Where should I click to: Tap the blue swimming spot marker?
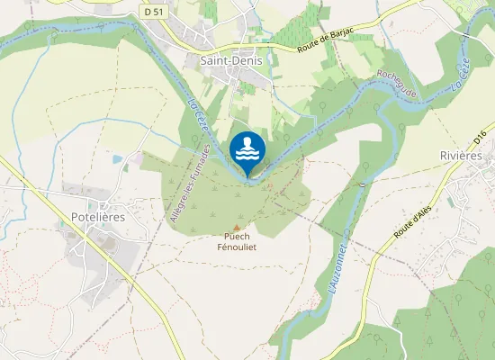pyautogui.click(x=247, y=151)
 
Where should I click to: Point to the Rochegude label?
pyautogui.click(x=398, y=85)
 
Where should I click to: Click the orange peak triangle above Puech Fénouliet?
pyautogui.click(x=237, y=228)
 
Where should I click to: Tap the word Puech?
pyautogui.click(x=237, y=238)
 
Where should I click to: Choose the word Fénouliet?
pyautogui.click(x=237, y=248)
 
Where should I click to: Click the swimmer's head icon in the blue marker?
pyautogui.click(x=247, y=141)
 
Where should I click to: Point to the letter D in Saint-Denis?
pyautogui.click(x=233, y=61)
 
